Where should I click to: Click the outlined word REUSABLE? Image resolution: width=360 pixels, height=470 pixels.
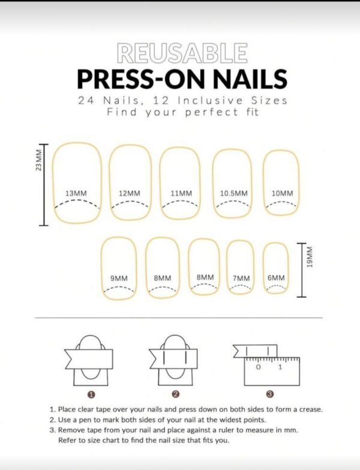[182, 53]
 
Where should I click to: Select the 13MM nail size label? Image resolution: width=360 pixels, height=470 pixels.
[76, 193]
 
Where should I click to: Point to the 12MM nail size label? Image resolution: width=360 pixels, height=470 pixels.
[130, 193]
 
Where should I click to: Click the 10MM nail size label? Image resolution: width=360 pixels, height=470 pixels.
[283, 193]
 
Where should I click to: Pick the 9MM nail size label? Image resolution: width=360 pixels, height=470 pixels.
[119, 278]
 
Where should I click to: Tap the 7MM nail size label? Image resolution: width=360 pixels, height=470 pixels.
[241, 279]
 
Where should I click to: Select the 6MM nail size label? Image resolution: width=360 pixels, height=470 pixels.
[276, 278]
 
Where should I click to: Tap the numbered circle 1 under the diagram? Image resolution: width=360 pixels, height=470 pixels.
[91, 394]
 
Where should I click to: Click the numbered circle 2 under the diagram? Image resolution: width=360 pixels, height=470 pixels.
[176, 394]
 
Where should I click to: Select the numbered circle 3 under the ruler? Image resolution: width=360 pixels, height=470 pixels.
[270, 394]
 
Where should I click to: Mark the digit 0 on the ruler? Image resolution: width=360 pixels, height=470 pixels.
[259, 366]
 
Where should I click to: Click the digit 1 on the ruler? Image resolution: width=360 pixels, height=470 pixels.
[280, 366]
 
